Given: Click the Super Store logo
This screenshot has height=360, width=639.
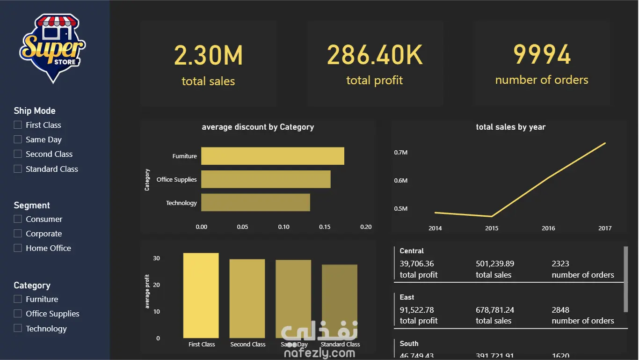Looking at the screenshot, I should pos(52,48).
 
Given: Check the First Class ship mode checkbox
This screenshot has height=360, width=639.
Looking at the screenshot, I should pos(18,125).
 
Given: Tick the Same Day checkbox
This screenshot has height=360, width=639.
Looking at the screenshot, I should pos(18,140).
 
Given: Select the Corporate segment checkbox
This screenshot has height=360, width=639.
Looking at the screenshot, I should pos(18,234).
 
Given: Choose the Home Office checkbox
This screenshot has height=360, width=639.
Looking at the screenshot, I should pos(18,248).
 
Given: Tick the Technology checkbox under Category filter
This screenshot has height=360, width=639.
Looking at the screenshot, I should pos(18,329).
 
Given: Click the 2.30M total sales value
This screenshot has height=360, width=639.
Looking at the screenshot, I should pos(208,55).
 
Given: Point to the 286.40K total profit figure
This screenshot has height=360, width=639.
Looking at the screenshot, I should pos(375,55).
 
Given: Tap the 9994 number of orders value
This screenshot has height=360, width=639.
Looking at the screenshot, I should pos(542,55).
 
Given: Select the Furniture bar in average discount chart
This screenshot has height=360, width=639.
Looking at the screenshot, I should pos(272,156).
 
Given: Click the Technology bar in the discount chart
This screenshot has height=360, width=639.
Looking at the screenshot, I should pos(255,202).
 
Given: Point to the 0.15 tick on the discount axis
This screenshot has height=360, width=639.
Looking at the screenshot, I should pos(325,227).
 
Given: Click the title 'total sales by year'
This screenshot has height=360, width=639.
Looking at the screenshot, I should pos(510,127).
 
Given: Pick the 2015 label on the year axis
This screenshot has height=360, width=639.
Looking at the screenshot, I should pos(492,228).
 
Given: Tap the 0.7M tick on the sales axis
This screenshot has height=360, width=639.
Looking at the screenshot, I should pos(401,153).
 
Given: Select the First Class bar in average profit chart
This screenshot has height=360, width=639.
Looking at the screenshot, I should pos(201,295).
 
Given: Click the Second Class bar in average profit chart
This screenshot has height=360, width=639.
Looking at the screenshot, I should pos(247,299).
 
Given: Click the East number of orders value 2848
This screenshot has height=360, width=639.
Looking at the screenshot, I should pos(560,310).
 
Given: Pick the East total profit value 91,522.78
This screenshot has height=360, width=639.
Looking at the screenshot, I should pos(417,310).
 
